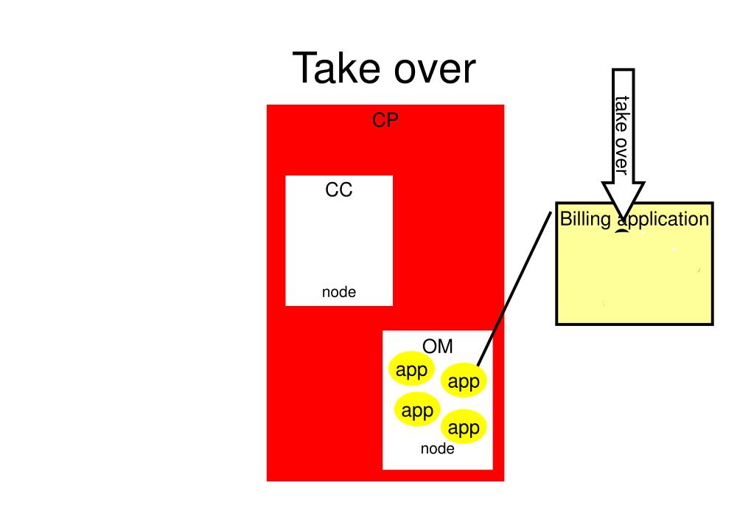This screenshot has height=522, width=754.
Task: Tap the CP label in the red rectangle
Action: (385, 120)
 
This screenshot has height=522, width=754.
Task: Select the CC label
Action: (338, 190)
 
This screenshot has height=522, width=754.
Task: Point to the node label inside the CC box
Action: (338, 292)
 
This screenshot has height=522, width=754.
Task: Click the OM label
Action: (437, 347)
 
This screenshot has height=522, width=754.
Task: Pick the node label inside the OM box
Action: (437, 448)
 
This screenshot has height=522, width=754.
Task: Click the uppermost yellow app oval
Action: (411, 370)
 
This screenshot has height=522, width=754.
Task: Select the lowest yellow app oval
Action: (464, 428)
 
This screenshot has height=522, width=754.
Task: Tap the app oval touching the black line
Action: (464, 381)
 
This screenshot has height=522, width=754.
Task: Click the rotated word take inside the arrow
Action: (622, 114)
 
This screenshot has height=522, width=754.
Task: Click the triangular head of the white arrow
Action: (624, 197)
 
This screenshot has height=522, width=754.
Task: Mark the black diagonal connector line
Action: (514, 288)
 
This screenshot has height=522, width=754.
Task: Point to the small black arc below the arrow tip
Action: (622, 232)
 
